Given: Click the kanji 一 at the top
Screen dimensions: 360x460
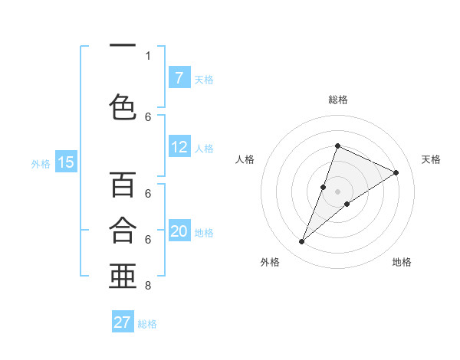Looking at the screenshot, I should [123, 45].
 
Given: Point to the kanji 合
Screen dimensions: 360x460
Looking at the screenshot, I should [123, 230].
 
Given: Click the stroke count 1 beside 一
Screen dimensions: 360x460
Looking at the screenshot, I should [148, 56].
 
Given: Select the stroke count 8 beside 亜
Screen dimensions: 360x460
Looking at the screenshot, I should [148, 286].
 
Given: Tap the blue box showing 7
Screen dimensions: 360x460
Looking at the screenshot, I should [179, 78].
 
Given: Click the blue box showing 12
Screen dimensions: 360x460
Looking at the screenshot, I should [179, 148].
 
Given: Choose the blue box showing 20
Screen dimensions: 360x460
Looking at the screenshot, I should [179, 231].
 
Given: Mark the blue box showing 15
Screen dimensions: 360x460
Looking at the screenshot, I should [65, 162].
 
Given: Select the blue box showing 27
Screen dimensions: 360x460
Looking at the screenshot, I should [123, 322].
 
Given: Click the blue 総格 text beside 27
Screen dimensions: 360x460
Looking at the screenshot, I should [147, 324].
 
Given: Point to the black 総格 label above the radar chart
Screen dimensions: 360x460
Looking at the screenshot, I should [337, 100].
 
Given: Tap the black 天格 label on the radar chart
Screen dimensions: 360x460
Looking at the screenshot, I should [431, 159].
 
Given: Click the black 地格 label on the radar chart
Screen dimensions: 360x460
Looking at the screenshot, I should [402, 262].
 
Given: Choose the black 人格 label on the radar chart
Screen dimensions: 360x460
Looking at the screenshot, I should [245, 159].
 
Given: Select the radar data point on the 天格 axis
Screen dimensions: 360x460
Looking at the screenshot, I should [396, 172].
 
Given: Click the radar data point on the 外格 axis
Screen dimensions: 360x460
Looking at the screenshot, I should [301, 242].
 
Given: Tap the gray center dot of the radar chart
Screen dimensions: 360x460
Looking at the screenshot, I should [337, 191].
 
